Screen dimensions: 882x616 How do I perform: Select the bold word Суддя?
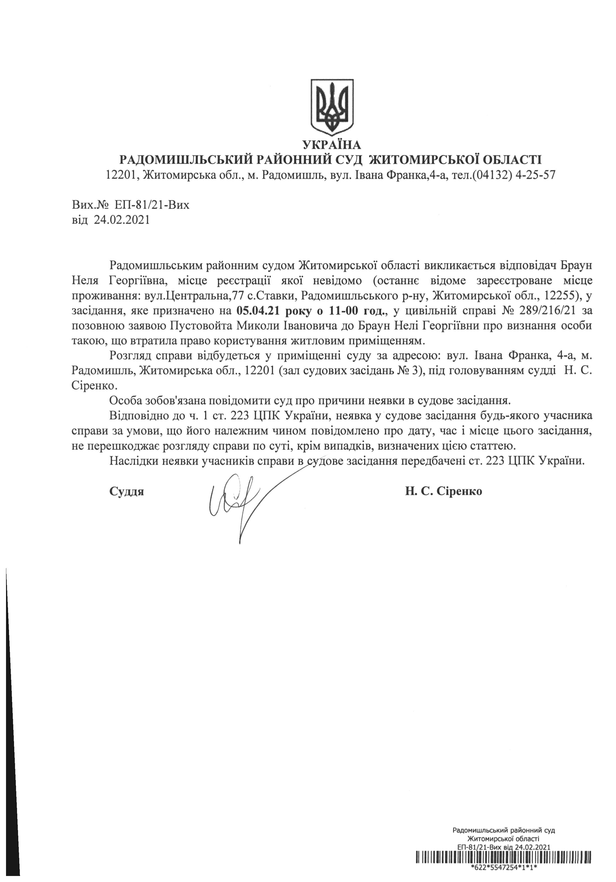(x=126, y=491)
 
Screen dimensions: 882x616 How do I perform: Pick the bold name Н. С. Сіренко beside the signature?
(x=444, y=491)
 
